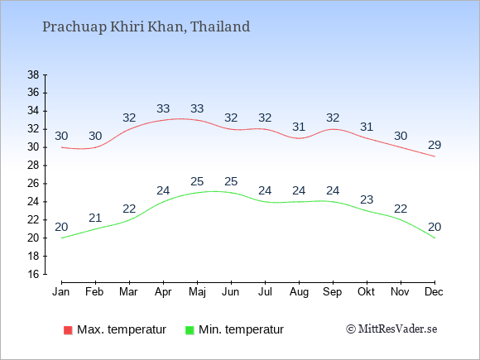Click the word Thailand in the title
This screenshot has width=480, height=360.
(220, 26)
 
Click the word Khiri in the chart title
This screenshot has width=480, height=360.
(127, 26)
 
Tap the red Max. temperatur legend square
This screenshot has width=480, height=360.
(68, 330)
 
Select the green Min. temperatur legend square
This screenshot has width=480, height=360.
(190, 330)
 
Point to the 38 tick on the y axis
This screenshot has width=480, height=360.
(33, 74)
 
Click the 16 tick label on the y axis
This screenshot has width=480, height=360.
(33, 274)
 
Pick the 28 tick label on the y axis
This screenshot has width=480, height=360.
(33, 166)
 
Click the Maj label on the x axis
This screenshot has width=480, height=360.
(197, 292)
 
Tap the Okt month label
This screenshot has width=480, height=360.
(366, 292)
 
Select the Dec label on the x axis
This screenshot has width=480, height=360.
(434, 292)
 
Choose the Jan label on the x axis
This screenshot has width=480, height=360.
(61, 292)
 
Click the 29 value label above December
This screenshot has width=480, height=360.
(434, 145)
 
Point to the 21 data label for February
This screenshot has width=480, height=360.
(95, 218)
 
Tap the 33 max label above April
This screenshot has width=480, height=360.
(163, 108)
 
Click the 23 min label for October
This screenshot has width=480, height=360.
(367, 200)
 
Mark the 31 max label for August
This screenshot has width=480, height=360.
(299, 127)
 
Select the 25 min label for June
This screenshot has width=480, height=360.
(231, 181)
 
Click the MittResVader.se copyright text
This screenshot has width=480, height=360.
(391, 329)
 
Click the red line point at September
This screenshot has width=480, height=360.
(333, 129)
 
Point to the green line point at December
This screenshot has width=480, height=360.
(434, 238)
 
